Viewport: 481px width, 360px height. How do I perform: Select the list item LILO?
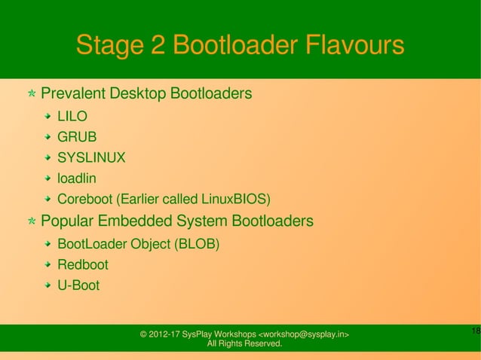pos(72,117)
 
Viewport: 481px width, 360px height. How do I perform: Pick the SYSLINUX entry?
pos(91,158)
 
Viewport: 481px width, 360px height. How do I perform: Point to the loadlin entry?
pos(77,179)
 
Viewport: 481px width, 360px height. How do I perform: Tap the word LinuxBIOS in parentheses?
pos(234,200)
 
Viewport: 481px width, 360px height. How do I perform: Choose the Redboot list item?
pos(83,265)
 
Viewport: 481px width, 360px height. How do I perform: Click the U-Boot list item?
pos(78,286)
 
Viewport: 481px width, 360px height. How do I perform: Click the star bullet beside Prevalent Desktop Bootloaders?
pos(31,96)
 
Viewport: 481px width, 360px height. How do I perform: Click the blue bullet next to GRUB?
pos(48,138)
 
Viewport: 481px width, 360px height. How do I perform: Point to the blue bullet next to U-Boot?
pos(48,286)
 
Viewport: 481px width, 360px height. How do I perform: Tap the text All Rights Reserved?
pos(244,344)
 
